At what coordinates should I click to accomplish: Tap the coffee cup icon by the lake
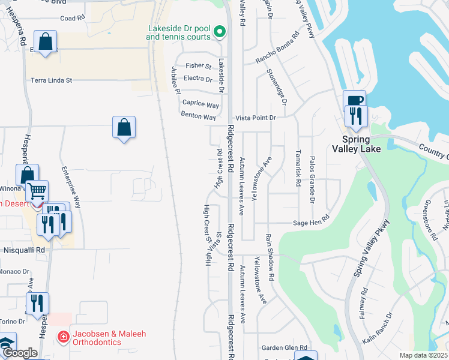pos(354,100)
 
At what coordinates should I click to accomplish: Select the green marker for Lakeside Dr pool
pos(220,31)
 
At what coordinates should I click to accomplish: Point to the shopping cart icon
pos(37,191)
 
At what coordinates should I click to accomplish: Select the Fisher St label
pos(199,66)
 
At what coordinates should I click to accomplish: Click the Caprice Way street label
pos(201,104)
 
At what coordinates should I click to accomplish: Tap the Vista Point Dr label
pos(255,118)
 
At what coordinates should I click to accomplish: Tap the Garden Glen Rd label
pos(284,347)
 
